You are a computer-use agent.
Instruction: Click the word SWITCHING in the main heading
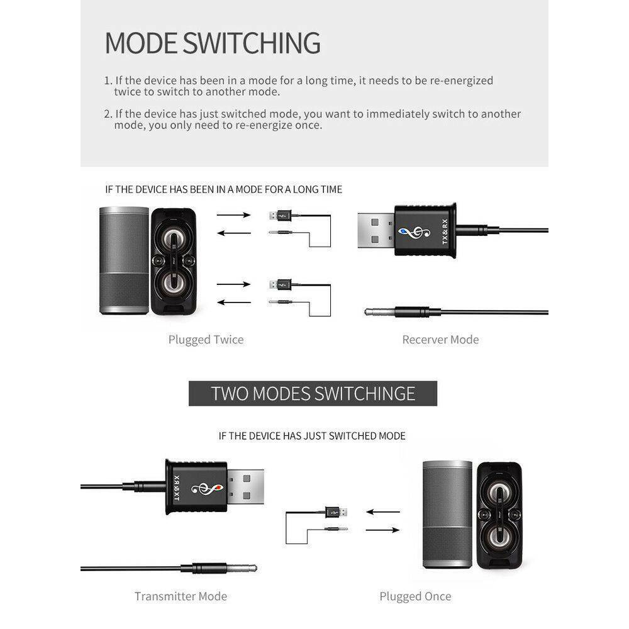tap(252, 43)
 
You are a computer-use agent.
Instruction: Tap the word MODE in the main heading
tap(141, 43)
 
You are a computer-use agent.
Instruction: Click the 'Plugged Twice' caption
tap(206, 340)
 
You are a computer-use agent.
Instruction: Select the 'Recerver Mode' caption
tap(440, 340)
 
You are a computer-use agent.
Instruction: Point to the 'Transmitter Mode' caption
tap(181, 596)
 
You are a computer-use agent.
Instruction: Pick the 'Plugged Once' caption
tap(415, 596)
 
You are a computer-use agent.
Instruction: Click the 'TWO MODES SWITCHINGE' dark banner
tap(313, 394)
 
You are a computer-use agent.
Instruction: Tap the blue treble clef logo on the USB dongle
tap(414, 232)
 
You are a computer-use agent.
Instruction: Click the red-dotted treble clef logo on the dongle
tap(206, 488)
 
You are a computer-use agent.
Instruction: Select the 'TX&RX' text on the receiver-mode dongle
tap(445, 231)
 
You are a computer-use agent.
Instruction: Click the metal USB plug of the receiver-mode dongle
tap(376, 231)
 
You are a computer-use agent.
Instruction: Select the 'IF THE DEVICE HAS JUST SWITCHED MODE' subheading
tap(312, 436)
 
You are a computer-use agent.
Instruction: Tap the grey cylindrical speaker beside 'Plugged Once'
tap(448, 515)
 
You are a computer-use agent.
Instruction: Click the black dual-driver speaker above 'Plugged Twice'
tap(174, 261)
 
